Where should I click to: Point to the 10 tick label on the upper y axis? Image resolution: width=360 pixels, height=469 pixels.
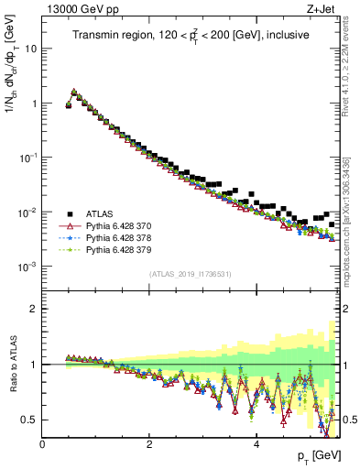point(29,49)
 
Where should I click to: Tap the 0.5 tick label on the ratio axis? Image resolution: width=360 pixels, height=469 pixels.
point(28,420)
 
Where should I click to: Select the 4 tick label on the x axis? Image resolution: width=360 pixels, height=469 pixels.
point(256,444)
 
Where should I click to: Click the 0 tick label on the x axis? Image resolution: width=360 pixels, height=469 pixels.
point(42,444)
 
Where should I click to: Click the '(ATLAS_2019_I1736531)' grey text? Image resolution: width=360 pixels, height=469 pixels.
point(191,274)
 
